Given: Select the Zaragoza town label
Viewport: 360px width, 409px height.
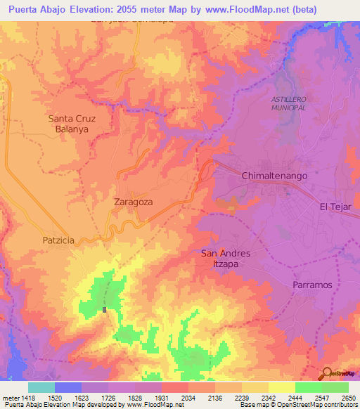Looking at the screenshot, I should coord(133,202).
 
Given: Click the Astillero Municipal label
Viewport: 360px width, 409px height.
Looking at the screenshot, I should coord(289,104).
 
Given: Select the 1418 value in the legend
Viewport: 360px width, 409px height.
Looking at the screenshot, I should coord(28,397).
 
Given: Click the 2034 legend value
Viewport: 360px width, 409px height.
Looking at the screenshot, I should coord(188,397).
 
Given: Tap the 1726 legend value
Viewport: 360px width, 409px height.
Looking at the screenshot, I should coord(108,397).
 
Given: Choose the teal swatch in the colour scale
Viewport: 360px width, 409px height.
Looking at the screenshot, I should coord(41,387).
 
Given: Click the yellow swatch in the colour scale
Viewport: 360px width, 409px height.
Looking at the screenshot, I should coord(281,387).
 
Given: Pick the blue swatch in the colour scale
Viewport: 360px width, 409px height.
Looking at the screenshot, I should coord(68,387).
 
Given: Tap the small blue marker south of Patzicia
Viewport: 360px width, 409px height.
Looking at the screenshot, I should coord(105,309).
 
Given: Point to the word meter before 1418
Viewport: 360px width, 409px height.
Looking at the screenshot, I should coord(10,397).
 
